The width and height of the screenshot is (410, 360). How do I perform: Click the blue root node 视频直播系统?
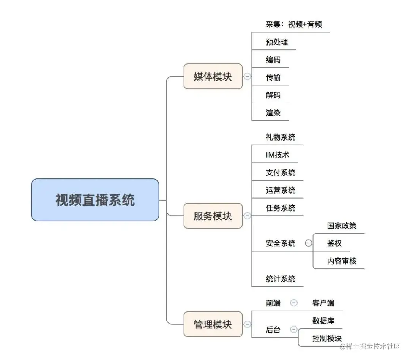[x=95, y=200]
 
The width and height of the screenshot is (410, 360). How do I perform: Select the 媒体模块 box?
[x=213, y=76]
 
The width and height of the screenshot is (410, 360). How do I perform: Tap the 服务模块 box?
[x=213, y=216]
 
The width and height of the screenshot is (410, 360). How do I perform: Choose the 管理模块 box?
[x=213, y=324]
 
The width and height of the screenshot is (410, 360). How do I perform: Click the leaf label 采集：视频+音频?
[x=294, y=24]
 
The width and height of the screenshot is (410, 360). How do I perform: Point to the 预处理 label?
[x=277, y=42]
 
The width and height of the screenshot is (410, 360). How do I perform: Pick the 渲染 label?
[x=273, y=113]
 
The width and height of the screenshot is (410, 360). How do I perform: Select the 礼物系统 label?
[x=281, y=137]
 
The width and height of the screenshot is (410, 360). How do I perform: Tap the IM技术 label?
[x=278, y=155]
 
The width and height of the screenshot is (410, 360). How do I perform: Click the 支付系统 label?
[x=281, y=172]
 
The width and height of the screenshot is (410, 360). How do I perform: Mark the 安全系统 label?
[x=281, y=243]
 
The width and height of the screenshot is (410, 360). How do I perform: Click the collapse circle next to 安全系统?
[x=309, y=243]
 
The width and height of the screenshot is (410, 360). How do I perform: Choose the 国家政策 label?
[x=342, y=226]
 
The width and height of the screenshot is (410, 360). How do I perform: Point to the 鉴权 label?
[x=334, y=243]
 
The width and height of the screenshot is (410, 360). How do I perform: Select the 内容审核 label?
[x=342, y=261]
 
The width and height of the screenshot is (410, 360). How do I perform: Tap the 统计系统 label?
[x=281, y=279]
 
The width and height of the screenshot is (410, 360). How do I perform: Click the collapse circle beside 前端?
[x=294, y=303]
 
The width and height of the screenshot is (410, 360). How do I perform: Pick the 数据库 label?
[x=323, y=321]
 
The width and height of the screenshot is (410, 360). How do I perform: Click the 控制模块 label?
[x=327, y=338]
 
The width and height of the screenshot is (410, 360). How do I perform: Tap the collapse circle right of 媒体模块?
[x=247, y=76]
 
